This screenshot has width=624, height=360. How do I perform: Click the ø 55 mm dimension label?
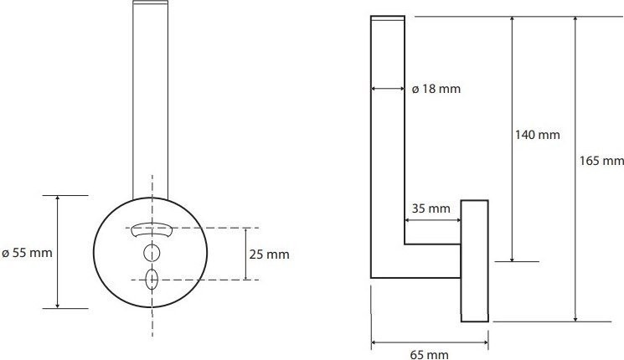(x=27, y=253)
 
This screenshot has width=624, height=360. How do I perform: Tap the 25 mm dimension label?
(x=270, y=255)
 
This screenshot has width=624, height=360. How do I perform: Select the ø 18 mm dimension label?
(x=436, y=89)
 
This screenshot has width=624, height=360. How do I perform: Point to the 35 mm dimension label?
(x=431, y=208)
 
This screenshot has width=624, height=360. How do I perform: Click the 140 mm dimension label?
(x=537, y=135)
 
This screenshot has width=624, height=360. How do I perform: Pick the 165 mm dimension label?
(x=601, y=161)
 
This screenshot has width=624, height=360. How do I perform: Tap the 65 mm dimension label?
(x=429, y=354)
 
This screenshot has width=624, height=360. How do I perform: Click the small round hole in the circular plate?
(x=152, y=253)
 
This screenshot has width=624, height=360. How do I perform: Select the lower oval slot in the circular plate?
(x=152, y=280)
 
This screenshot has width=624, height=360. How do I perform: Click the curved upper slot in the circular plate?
(x=152, y=229)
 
